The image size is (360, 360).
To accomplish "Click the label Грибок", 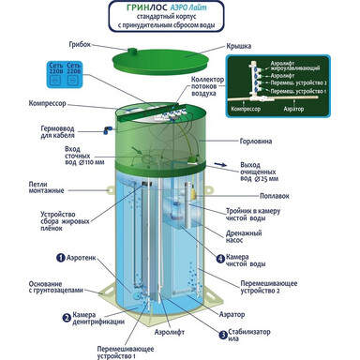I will click(79, 44).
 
